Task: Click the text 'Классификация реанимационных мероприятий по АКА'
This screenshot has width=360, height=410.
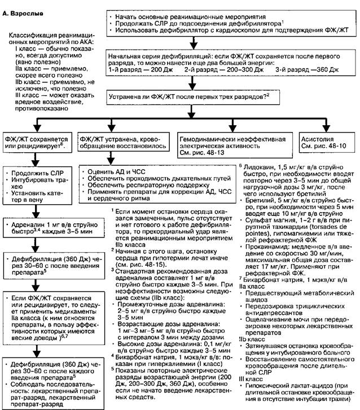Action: pos(46,42)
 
